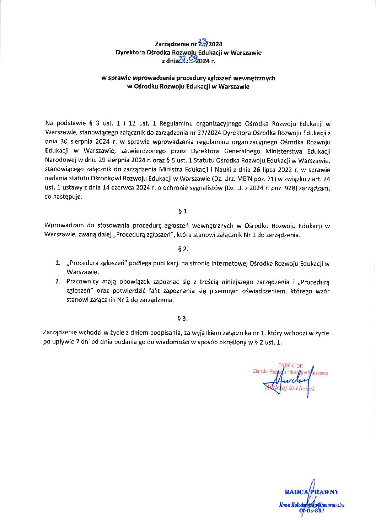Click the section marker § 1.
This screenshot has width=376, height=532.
tap(183, 212)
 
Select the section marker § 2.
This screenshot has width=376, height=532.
tap(183, 249)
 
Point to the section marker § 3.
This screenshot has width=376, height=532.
tap(183, 318)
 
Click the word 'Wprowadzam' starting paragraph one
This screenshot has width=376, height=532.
tap(64, 225)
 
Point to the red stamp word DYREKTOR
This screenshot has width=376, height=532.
tap(291, 366)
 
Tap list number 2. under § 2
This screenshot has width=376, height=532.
tap(58, 282)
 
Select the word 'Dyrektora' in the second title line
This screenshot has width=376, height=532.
tap(130, 53)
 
